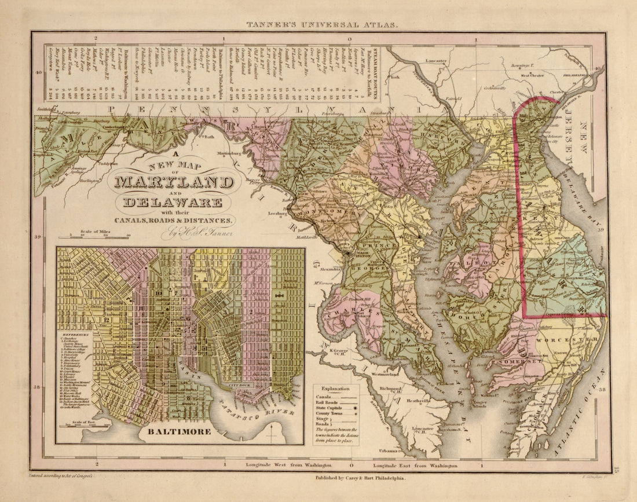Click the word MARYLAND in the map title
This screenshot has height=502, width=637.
click(174, 182)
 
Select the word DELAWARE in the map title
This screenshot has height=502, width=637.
click(173, 202)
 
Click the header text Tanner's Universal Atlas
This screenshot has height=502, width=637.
click(322, 25)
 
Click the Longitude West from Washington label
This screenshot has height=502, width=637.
click(288, 465)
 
